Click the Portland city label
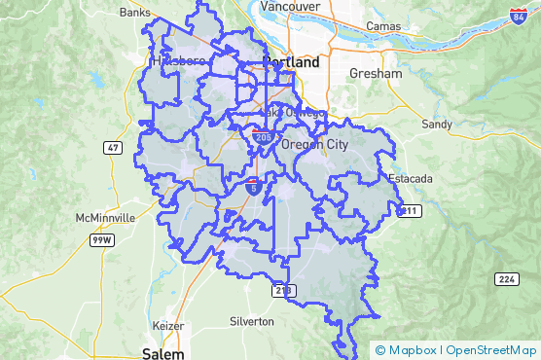(x=291, y=61)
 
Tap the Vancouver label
(x=291, y=6)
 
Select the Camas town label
(x=384, y=24)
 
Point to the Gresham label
(x=378, y=74)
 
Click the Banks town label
(x=134, y=13)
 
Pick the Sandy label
(x=437, y=125)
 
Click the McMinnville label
(x=109, y=218)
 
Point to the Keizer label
(x=168, y=325)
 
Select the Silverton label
(x=252, y=321)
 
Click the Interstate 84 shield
(x=519, y=17)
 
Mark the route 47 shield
(x=115, y=147)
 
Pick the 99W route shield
(x=99, y=239)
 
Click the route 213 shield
(x=282, y=290)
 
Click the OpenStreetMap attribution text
(x=491, y=350)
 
